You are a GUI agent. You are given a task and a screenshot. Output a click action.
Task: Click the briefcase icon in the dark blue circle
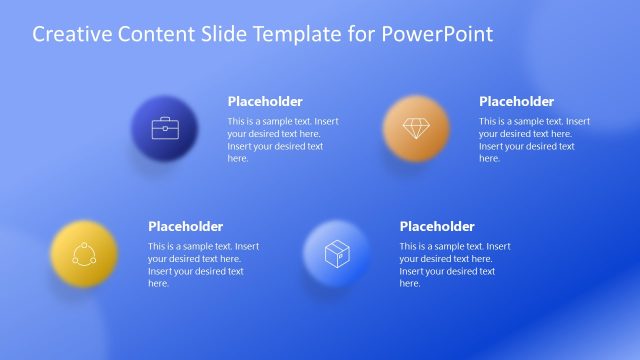point(165,128)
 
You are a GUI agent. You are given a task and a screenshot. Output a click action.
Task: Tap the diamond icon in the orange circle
point(415,128)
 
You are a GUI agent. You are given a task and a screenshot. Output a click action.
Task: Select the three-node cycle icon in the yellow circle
point(83,253)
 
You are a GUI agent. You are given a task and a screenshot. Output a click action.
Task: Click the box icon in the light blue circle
point(336,253)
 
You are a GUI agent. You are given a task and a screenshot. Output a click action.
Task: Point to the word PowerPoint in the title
point(444,35)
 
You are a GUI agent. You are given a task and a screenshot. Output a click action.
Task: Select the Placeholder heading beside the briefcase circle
point(265,101)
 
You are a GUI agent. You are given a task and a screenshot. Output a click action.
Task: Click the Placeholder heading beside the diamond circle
point(516,101)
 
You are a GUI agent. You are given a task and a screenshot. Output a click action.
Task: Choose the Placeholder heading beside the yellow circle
point(185,226)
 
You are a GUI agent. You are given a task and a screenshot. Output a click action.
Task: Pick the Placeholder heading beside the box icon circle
point(437,226)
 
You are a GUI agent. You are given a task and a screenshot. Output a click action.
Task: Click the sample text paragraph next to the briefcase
point(282,139)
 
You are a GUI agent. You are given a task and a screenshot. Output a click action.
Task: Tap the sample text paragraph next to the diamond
point(533,139)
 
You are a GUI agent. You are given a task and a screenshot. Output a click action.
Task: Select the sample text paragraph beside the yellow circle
point(203,264)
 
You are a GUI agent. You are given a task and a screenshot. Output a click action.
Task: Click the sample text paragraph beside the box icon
point(454,264)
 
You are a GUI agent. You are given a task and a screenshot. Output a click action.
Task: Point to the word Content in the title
point(149,35)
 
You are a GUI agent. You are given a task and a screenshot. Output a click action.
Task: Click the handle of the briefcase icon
point(165,120)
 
